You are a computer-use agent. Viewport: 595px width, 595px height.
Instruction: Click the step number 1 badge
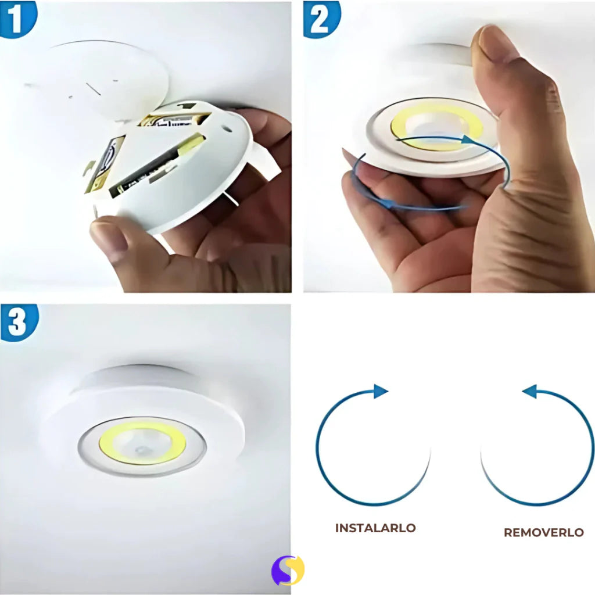pos(16,17)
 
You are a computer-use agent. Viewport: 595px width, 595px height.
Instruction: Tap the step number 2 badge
pos(321,17)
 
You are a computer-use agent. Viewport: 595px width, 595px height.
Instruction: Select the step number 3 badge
pos(18,321)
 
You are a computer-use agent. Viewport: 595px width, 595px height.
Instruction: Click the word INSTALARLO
pos(375,528)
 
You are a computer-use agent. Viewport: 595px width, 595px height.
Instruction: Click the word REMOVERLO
pos(543,532)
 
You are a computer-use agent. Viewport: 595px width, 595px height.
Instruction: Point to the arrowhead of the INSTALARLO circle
pos(381,391)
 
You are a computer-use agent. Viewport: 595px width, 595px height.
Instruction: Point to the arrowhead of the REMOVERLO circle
pos(529,392)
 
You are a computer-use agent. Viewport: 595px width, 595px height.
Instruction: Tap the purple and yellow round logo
pos(288,570)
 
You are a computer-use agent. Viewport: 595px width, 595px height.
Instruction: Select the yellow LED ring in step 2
pos(401,123)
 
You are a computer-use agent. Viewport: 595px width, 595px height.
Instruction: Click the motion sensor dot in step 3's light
pos(141,450)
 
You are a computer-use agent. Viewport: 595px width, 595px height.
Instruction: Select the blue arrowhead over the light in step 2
pos(468,139)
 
